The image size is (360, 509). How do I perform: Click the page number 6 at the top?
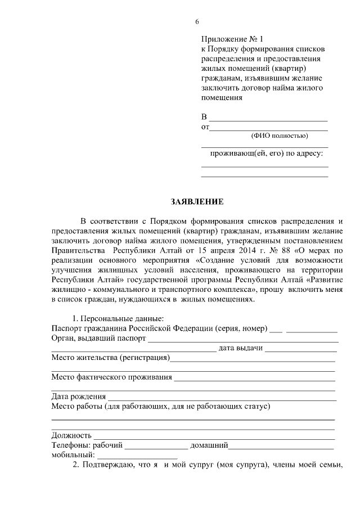197,21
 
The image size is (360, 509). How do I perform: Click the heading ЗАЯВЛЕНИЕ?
197,201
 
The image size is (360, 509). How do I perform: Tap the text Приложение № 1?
232,39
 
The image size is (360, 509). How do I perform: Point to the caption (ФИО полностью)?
279,135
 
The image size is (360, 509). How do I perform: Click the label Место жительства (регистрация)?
111,358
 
